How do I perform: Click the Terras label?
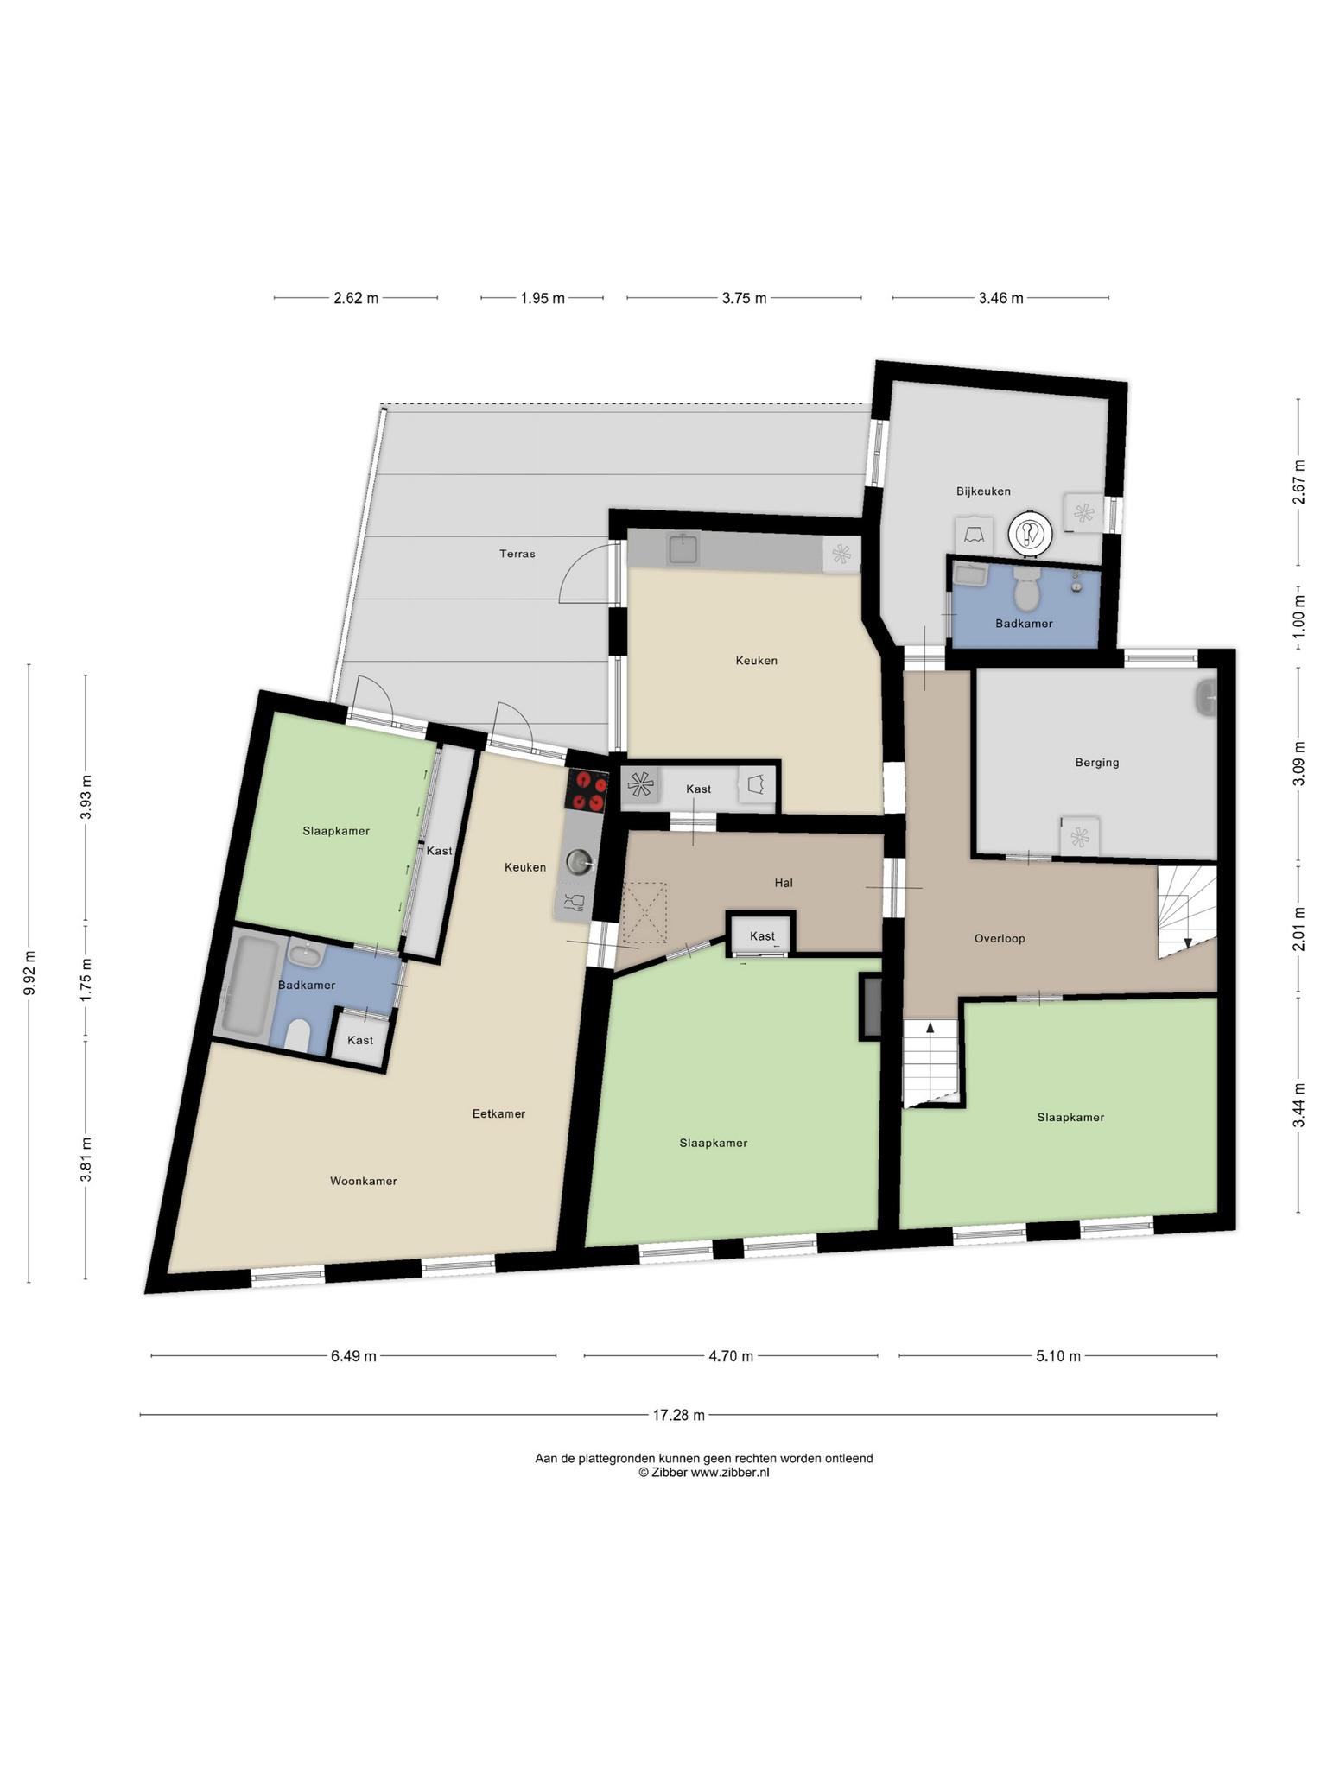517,554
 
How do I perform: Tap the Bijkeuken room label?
983,491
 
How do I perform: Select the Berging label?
1097,763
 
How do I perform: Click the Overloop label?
1000,938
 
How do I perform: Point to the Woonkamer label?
364,1181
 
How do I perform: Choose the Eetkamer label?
498,1113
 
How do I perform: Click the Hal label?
784,883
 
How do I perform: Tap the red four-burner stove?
587,790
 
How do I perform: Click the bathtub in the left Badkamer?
250,986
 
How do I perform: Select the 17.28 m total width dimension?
678,1415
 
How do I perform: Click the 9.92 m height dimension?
29,973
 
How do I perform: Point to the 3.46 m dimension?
1000,298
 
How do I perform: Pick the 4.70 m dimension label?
731,1356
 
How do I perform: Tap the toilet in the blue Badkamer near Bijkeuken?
1026,590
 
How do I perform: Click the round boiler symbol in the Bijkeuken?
1030,533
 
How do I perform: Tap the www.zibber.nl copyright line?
703,1473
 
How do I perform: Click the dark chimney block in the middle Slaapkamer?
870,1006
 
